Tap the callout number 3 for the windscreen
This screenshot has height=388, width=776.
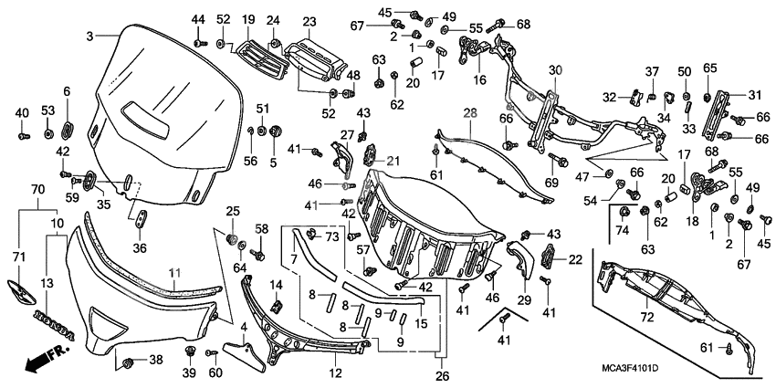click(x=89, y=36)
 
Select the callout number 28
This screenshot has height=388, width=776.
click(x=469, y=113)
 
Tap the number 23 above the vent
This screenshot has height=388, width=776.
click(x=309, y=21)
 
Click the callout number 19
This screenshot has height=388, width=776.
click(x=247, y=20)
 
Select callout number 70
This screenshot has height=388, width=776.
click(x=37, y=190)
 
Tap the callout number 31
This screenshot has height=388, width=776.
click(x=754, y=96)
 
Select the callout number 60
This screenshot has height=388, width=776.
click(x=215, y=372)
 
